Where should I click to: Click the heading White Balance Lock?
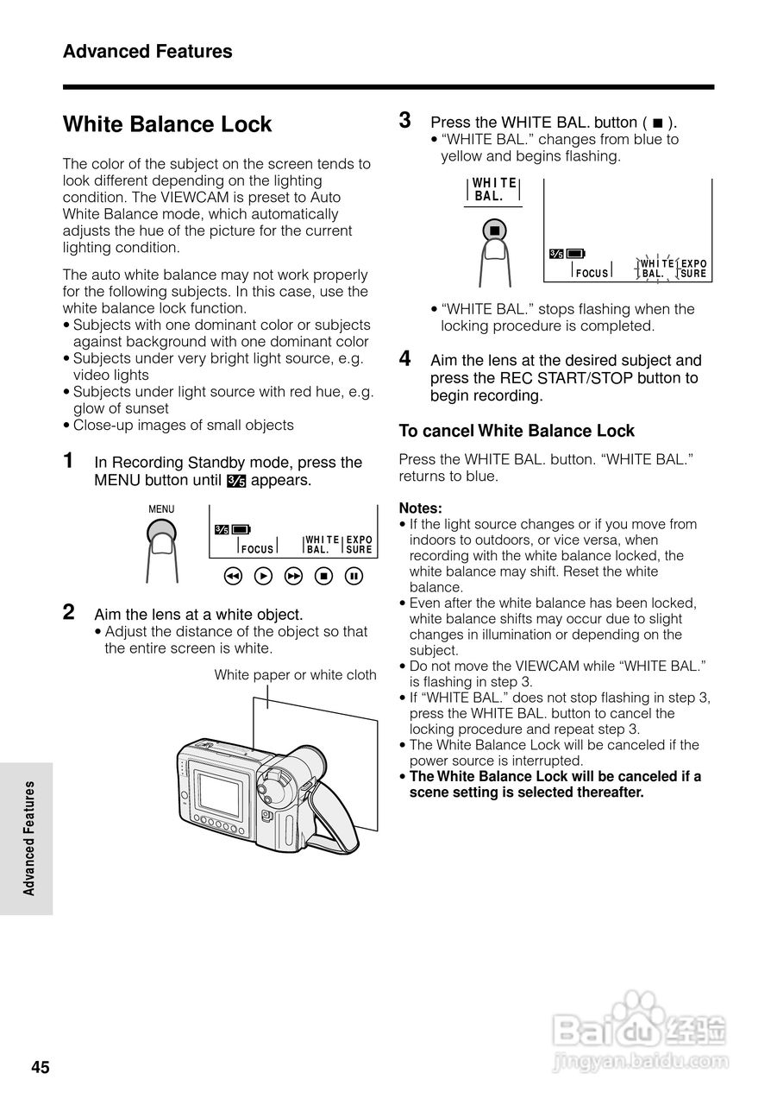tap(167, 124)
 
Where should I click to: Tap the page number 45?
tap(41, 1068)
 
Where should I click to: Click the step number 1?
tap(69, 460)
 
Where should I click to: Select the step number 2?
tap(69, 612)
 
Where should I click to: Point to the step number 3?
tap(404, 120)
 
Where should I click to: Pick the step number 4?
tap(404, 358)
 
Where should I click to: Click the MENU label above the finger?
tap(161, 509)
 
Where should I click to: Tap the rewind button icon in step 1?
tap(232, 576)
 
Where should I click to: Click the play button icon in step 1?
tap(264, 576)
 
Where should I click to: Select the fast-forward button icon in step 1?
tap(294, 576)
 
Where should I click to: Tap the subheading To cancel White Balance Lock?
tap(516, 431)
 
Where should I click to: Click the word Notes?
tap(420, 508)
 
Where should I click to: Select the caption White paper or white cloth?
tap(295, 675)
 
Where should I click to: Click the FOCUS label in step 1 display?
tap(257, 549)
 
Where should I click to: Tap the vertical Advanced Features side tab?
tap(28, 837)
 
